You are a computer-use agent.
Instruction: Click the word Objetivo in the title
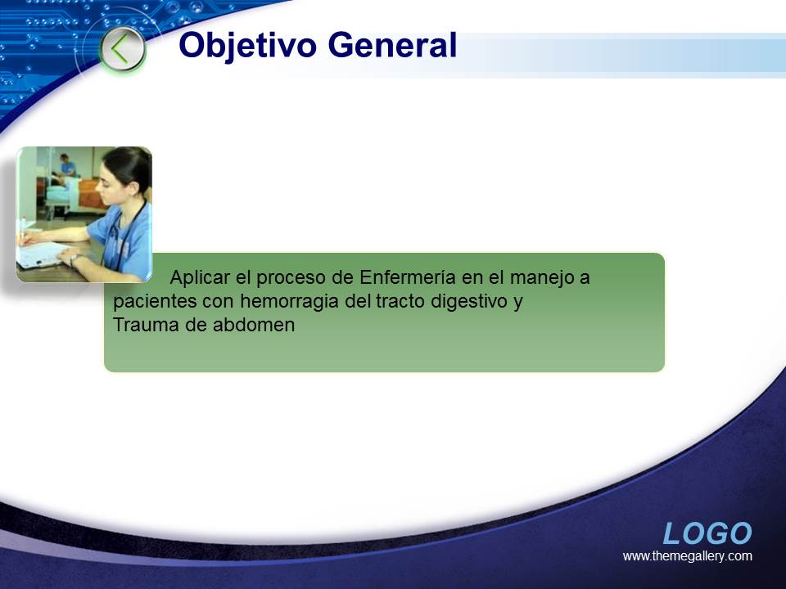coord(247,46)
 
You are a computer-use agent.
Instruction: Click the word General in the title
coord(392,45)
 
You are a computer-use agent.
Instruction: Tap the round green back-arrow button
coord(122,49)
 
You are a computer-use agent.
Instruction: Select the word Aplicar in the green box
coord(200,277)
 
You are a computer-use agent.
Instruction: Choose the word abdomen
coord(254,325)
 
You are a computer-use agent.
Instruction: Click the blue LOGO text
coord(707,533)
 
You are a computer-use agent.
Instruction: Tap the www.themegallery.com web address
coord(687,556)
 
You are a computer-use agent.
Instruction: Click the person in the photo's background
coord(66,166)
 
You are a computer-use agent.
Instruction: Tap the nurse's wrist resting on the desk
coord(75,259)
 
